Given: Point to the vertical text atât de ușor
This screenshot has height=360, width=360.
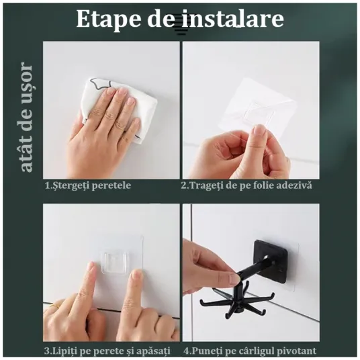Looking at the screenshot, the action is click(x=26, y=117).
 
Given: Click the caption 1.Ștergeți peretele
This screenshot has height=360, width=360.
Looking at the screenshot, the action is click(x=88, y=185).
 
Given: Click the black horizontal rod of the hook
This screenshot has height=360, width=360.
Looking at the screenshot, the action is click(x=254, y=267).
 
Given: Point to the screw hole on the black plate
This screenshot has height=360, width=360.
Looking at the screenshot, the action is click(x=267, y=257).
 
